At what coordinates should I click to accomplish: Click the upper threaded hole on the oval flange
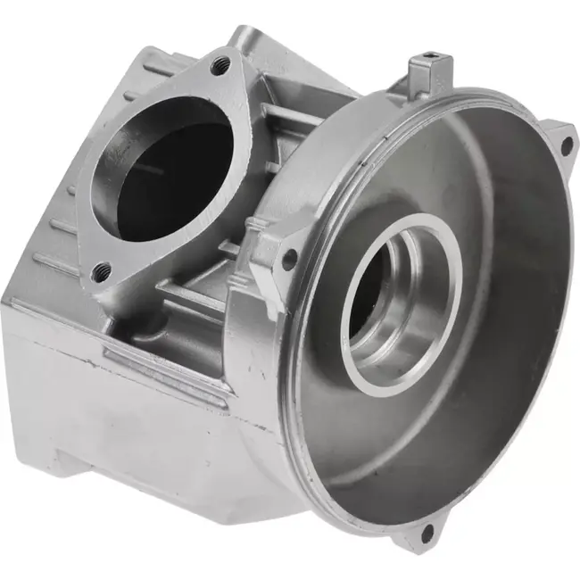click(221, 64)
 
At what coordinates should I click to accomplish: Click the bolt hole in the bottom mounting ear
click(425, 534)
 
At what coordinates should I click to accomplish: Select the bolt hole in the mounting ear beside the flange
click(288, 260)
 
